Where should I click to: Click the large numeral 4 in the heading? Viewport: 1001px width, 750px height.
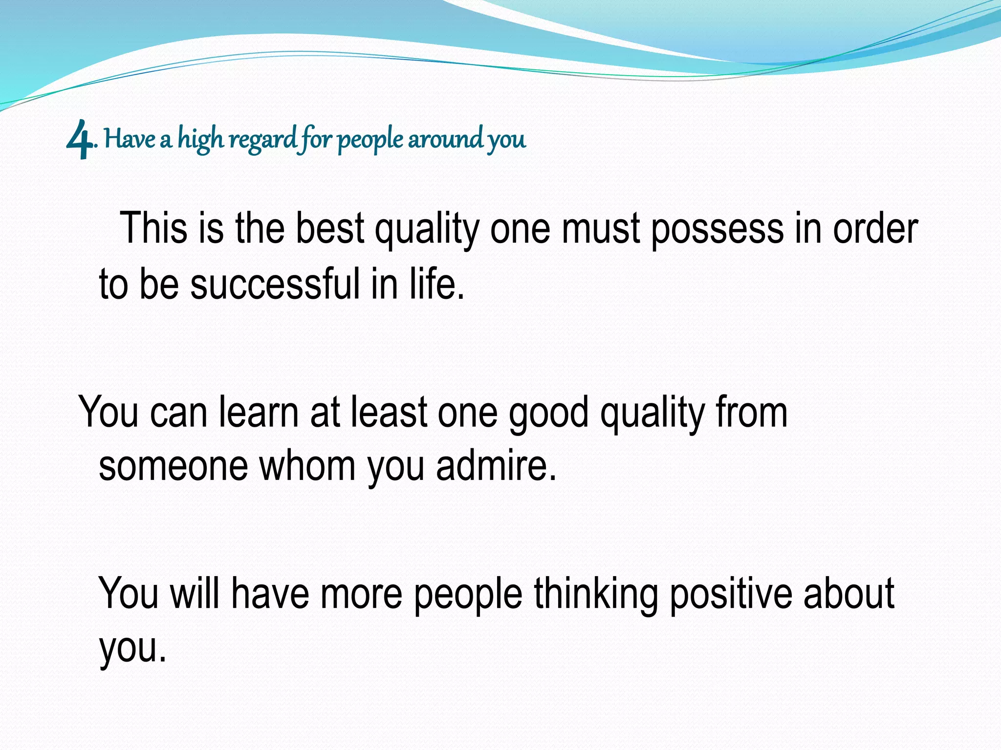79,141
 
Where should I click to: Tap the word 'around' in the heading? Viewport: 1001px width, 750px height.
445,139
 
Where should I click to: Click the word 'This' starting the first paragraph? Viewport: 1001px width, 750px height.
153,228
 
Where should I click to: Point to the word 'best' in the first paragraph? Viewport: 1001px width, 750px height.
330,228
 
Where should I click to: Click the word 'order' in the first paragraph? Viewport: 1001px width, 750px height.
875,228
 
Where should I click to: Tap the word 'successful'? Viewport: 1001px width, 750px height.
275,284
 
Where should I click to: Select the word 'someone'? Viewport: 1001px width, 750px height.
173,466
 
